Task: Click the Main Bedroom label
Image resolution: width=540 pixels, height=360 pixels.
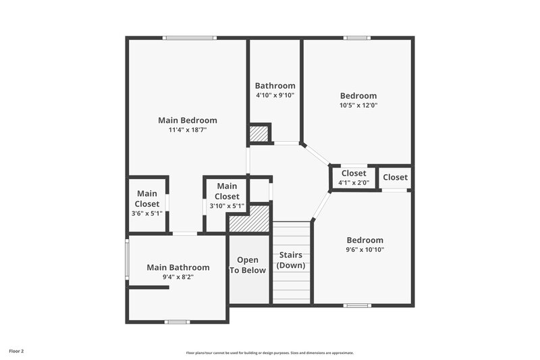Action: [188, 120]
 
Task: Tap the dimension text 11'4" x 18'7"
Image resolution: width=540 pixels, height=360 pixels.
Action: [188, 130]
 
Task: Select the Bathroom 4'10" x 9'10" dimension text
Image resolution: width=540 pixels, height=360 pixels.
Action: [275, 96]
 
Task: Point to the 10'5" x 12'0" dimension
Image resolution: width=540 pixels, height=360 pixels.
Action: [358, 105]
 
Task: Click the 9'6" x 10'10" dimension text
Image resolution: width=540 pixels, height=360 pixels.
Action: [364, 250]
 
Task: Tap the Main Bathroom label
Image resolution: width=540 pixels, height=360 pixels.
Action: [178, 267]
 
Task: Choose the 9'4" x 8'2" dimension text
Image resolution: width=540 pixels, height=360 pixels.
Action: [178, 277]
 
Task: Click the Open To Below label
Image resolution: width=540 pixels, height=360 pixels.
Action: [248, 265]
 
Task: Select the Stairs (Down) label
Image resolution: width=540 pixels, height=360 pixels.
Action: [291, 260]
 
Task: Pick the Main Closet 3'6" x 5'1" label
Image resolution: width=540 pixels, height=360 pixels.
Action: [147, 199]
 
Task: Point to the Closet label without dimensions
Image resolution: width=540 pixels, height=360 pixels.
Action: [395, 178]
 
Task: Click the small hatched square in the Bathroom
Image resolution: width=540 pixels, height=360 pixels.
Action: [259, 133]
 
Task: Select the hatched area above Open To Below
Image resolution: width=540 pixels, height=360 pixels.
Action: [248, 220]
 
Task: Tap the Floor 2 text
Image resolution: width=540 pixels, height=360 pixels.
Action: [17, 351]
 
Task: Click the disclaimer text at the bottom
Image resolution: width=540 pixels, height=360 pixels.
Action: [269, 353]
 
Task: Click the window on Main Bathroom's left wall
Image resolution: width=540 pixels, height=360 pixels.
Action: [127, 258]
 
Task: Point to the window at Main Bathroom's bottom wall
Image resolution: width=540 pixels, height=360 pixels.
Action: [177, 322]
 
